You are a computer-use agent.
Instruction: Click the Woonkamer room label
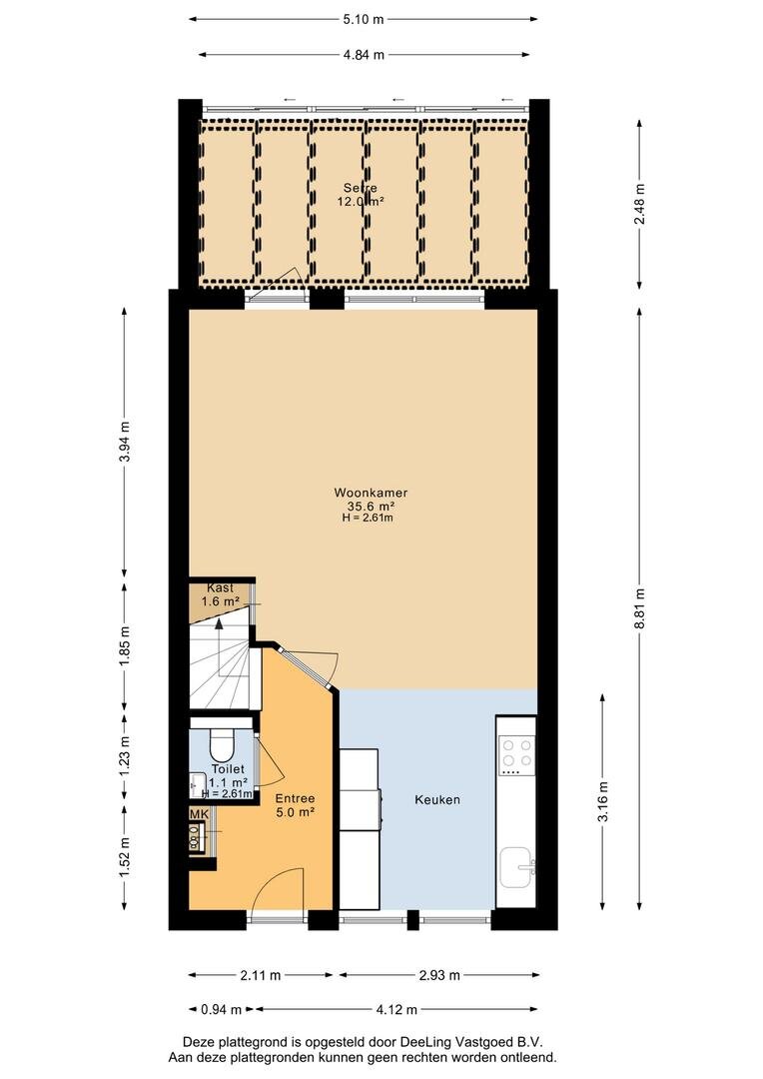click(371, 493)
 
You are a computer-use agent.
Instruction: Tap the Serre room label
click(361, 188)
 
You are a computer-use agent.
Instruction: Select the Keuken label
click(437, 799)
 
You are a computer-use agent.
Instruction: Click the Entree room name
click(296, 799)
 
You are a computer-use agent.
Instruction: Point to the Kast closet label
click(220, 588)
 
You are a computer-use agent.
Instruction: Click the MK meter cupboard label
click(199, 815)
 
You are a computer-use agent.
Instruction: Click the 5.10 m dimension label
click(364, 19)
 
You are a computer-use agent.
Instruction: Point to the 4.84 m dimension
click(364, 54)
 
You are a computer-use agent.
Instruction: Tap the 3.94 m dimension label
click(125, 442)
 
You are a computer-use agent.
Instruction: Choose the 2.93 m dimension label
click(439, 975)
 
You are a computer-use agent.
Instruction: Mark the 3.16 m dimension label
click(603, 801)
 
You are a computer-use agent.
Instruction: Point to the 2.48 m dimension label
click(640, 204)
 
